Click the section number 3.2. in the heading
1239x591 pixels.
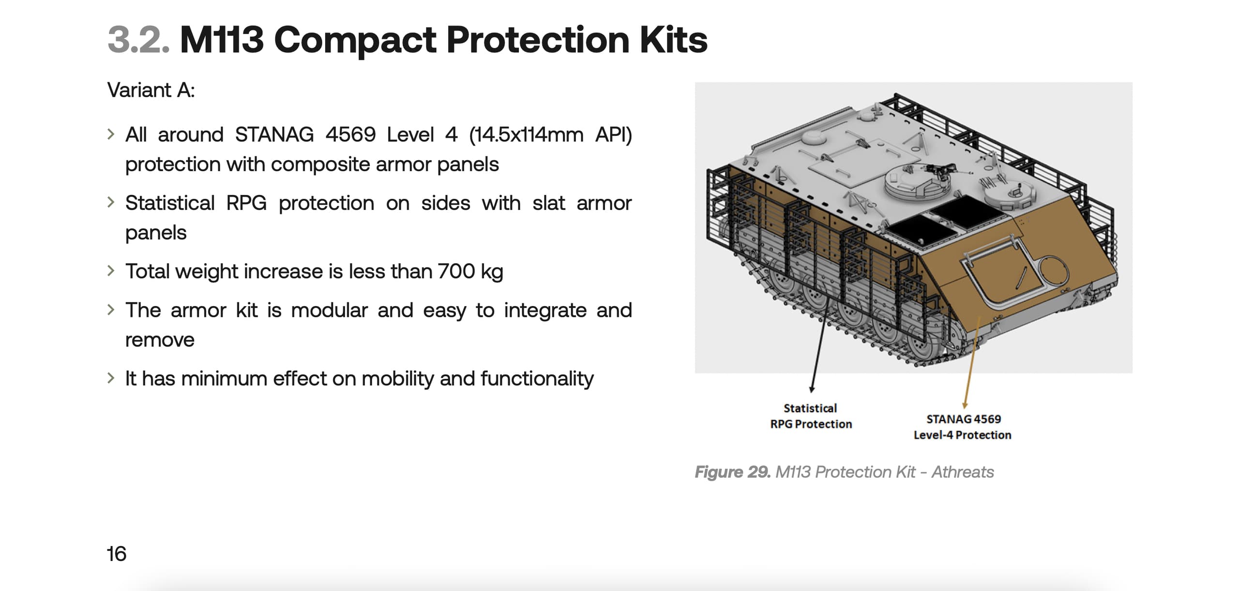coord(138,40)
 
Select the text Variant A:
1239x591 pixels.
coord(151,90)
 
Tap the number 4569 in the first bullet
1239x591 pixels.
coord(350,134)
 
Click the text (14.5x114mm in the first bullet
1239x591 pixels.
coord(526,134)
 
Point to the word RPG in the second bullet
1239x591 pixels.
coord(246,203)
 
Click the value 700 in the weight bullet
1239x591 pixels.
coord(456,271)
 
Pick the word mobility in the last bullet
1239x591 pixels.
coord(397,379)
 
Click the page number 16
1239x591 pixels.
coord(117,554)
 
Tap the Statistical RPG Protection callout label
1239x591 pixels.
coord(811,416)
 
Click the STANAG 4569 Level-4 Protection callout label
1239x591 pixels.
coord(963,427)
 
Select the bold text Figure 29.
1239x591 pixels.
coord(733,472)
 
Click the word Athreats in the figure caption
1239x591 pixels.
coord(963,472)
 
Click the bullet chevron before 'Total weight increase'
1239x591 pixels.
coord(111,270)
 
